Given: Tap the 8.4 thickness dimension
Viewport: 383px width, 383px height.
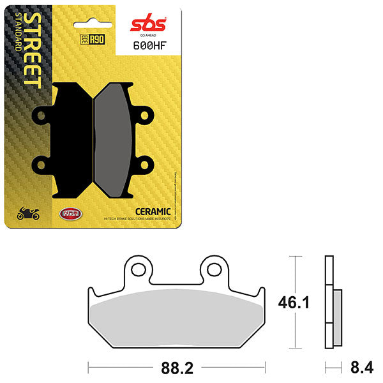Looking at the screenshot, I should (x=357, y=368).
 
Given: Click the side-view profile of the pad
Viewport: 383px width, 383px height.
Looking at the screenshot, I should (x=330, y=303).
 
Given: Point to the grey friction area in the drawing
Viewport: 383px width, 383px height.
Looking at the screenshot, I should (x=176, y=319).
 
